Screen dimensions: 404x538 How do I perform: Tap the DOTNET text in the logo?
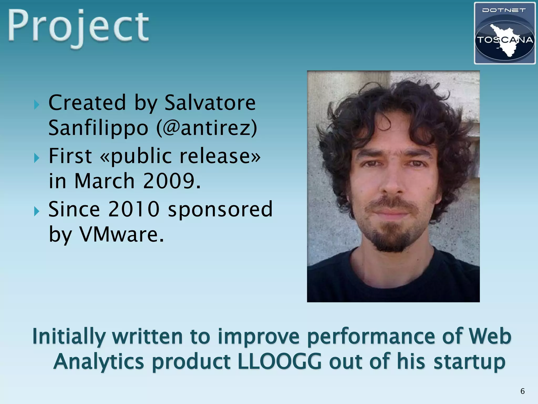click(x=504, y=11)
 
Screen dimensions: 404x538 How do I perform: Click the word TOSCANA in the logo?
click(x=505, y=40)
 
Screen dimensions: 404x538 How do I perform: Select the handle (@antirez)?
click(x=206, y=128)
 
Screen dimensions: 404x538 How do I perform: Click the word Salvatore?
click(x=210, y=103)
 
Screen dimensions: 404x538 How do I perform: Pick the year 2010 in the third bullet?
click(x=134, y=209)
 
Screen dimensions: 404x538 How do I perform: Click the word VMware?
click(x=122, y=234)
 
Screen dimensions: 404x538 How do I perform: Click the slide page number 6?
click(x=523, y=391)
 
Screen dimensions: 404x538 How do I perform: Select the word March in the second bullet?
click(x=105, y=181)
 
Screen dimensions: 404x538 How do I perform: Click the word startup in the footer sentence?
click(x=469, y=361)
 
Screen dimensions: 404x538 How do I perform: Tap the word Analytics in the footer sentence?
click(x=99, y=361)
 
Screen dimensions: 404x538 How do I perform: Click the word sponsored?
click(x=220, y=210)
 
